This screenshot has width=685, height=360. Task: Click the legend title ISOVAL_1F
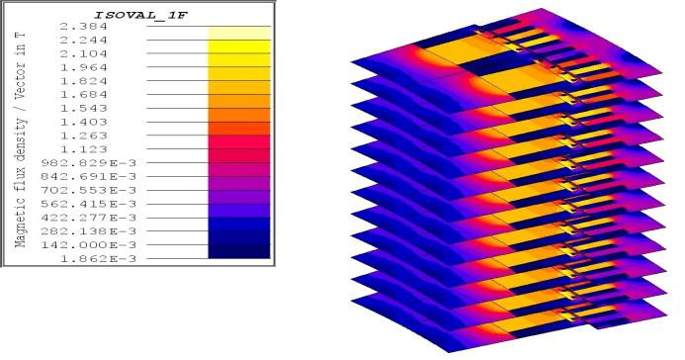(140, 15)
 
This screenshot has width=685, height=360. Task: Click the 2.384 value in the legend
(83, 27)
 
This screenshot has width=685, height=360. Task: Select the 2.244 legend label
(83, 40)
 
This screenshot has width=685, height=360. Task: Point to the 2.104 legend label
(83, 53)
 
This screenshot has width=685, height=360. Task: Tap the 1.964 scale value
(83, 67)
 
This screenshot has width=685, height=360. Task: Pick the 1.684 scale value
(83, 94)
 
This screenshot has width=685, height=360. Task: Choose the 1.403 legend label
(83, 122)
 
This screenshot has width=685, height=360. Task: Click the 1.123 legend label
(83, 149)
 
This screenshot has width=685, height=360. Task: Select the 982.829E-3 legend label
(89, 163)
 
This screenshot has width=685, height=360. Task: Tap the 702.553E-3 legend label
(89, 190)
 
